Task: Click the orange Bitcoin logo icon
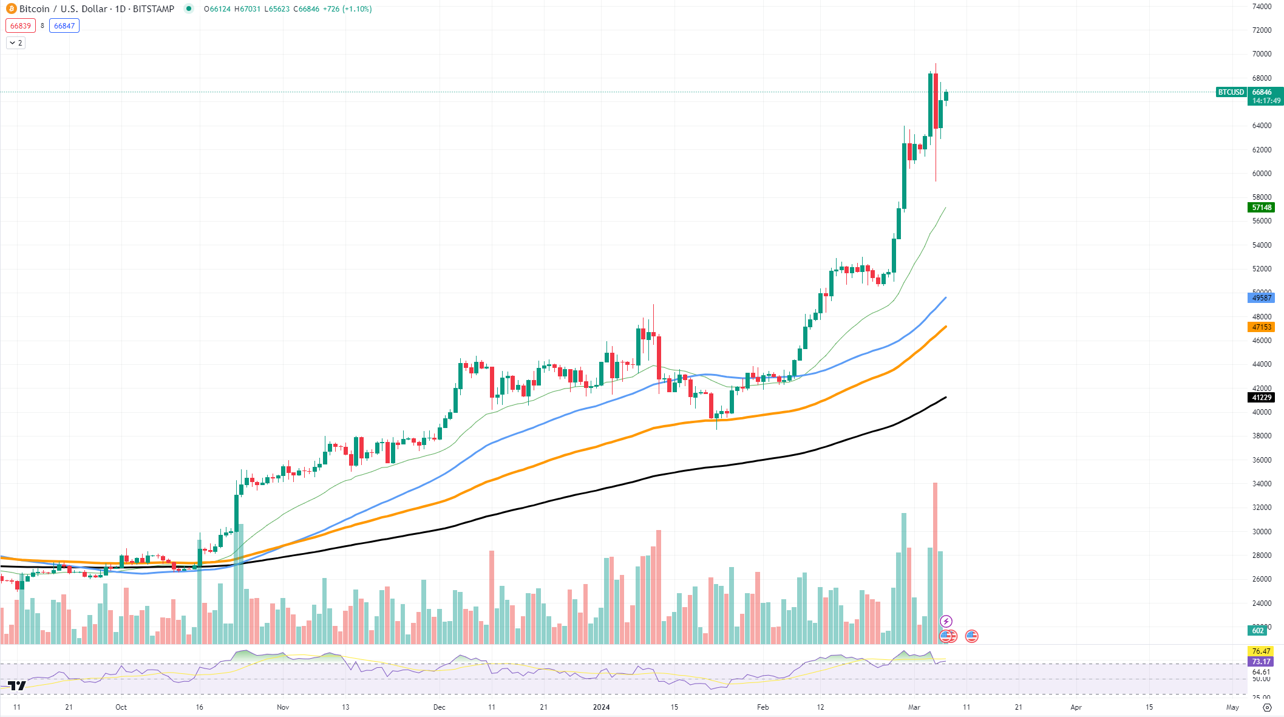point(11,8)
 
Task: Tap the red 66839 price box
point(20,25)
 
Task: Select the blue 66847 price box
point(64,25)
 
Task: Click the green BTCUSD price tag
point(1231,92)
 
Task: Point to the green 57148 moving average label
point(1261,208)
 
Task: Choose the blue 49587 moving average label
point(1261,298)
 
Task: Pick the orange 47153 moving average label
point(1261,327)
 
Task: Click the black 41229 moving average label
point(1261,398)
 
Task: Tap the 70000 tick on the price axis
point(1262,54)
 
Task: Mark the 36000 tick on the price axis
point(1262,460)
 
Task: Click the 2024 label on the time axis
point(601,707)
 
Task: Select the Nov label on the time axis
point(283,707)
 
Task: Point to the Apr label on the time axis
point(1076,707)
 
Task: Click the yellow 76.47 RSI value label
point(1260,651)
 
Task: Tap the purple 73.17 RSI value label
point(1260,662)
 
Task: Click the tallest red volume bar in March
point(935,565)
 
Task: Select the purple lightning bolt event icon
point(946,621)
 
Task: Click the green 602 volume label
point(1257,631)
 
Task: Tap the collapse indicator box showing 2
point(16,43)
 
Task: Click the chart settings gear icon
point(1266,707)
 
